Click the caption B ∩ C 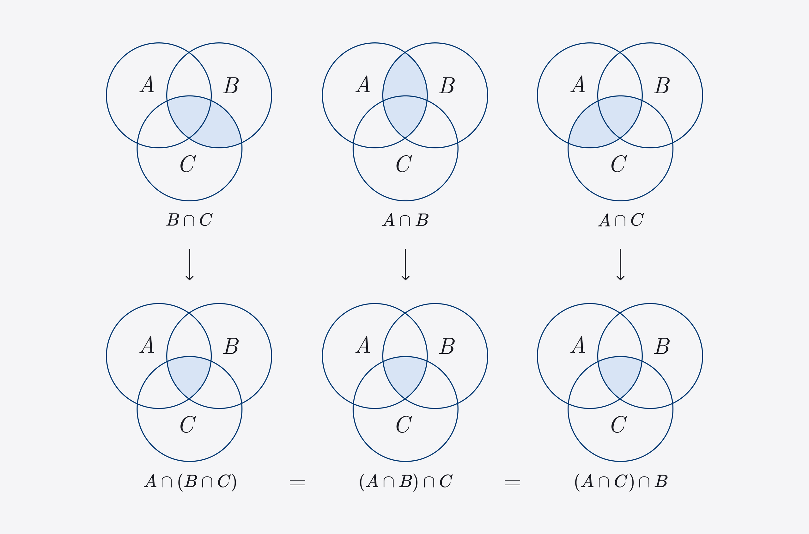pos(190,220)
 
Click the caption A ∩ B pos(405,220)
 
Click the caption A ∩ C pos(620,220)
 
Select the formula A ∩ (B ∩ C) pos(190,482)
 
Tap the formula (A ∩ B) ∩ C pos(405,482)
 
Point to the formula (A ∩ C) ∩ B pos(621,482)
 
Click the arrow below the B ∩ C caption pos(190,264)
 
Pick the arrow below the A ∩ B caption pos(405,264)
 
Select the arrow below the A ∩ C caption pos(620,264)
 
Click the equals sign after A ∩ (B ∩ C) pos(297,482)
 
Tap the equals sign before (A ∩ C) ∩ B pos(512,482)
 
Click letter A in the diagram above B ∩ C pos(147,84)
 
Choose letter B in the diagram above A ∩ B pos(447,85)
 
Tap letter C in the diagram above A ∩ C pos(619,164)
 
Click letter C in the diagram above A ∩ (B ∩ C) pos(188,424)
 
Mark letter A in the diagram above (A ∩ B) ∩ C pos(363,345)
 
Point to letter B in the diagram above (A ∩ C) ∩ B pos(662,346)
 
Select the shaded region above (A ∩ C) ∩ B pos(620,375)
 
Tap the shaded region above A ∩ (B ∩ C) pos(189,375)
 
